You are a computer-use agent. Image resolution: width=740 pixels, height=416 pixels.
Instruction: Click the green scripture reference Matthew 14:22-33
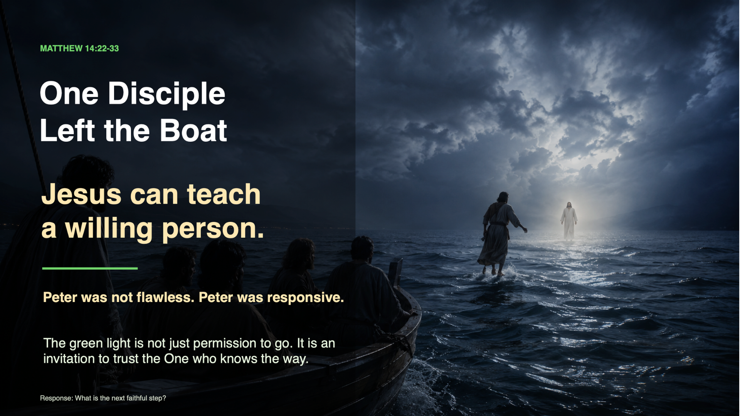[x=79, y=49]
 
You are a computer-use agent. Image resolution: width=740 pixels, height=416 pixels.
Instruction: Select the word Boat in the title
[x=193, y=130]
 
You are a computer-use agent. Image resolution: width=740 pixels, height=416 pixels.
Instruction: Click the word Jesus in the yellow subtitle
[x=81, y=194]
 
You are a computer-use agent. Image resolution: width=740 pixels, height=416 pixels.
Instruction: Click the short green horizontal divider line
[x=90, y=268]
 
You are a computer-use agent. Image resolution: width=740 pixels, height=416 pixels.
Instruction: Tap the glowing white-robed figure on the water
[x=569, y=221]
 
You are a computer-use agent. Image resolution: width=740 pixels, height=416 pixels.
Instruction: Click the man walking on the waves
[x=499, y=234]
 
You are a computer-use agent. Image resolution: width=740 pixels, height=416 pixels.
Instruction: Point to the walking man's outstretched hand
[x=525, y=230]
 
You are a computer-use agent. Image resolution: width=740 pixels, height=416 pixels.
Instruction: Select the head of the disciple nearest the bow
[x=362, y=248]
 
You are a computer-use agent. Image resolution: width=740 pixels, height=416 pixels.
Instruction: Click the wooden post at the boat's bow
[x=396, y=272]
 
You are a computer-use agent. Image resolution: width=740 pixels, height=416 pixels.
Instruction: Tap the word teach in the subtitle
[x=224, y=194]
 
